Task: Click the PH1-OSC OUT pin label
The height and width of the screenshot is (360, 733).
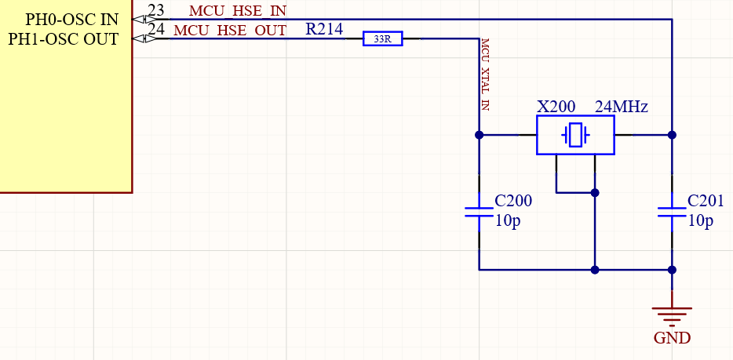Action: click(x=64, y=38)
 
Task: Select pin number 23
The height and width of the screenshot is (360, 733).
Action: click(x=156, y=10)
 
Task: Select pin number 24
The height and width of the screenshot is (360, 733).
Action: click(x=156, y=30)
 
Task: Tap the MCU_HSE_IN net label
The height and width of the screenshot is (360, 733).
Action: click(x=238, y=11)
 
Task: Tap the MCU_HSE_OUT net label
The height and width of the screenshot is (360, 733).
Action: click(x=230, y=31)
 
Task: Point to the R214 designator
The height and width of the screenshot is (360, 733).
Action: click(x=324, y=30)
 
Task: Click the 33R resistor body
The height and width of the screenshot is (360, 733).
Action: click(x=382, y=38)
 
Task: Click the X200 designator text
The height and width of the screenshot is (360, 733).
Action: click(x=556, y=106)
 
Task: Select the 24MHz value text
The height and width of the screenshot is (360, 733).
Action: click(x=621, y=106)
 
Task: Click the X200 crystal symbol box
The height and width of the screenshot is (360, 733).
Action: click(x=575, y=135)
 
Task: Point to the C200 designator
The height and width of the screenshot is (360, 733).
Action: click(x=513, y=200)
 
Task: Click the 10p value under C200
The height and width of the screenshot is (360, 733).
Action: click(x=507, y=220)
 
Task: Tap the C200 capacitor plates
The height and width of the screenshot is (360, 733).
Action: click(x=480, y=212)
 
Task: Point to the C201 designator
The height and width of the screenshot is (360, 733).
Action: click(x=706, y=200)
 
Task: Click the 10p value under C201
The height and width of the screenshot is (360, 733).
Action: click(x=700, y=220)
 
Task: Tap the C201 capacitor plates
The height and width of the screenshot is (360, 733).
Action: click(x=672, y=212)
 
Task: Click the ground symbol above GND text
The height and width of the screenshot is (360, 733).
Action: click(x=672, y=315)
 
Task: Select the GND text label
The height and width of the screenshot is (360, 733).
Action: click(x=672, y=338)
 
